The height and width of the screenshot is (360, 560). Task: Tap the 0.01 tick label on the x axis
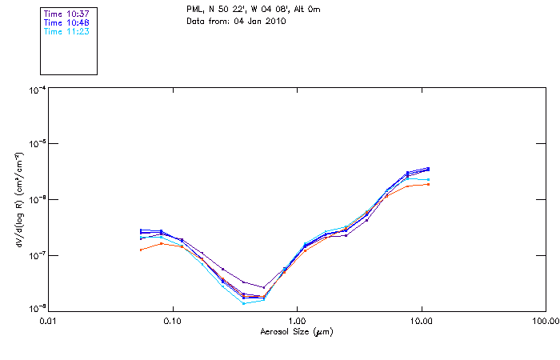(x=48, y=320)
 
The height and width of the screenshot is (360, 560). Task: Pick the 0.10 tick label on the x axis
(x=172, y=320)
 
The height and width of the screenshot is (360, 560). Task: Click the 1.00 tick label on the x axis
(x=297, y=320)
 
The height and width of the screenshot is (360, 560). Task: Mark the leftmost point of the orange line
(x=141, y=250)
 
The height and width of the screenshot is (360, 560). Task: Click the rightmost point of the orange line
(x=429, y=184)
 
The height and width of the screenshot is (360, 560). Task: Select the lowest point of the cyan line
(x=243, y=303)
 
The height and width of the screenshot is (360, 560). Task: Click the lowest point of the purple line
(x=263, y=287)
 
